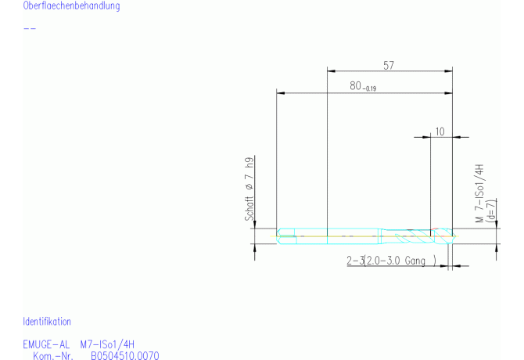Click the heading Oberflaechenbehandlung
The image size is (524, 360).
tap(71, 5)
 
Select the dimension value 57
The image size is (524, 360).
tap(389, 65)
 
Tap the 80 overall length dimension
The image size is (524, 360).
tap(356, 86)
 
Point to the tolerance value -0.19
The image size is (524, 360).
tap(369, 88)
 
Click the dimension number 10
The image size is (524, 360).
tap(440, 131)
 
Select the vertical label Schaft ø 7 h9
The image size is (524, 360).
tap(249, 189)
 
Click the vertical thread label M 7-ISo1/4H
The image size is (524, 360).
tap(479, 193)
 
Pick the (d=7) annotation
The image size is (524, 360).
tap(491, 211)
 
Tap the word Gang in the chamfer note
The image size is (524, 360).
tap(415, 261)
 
